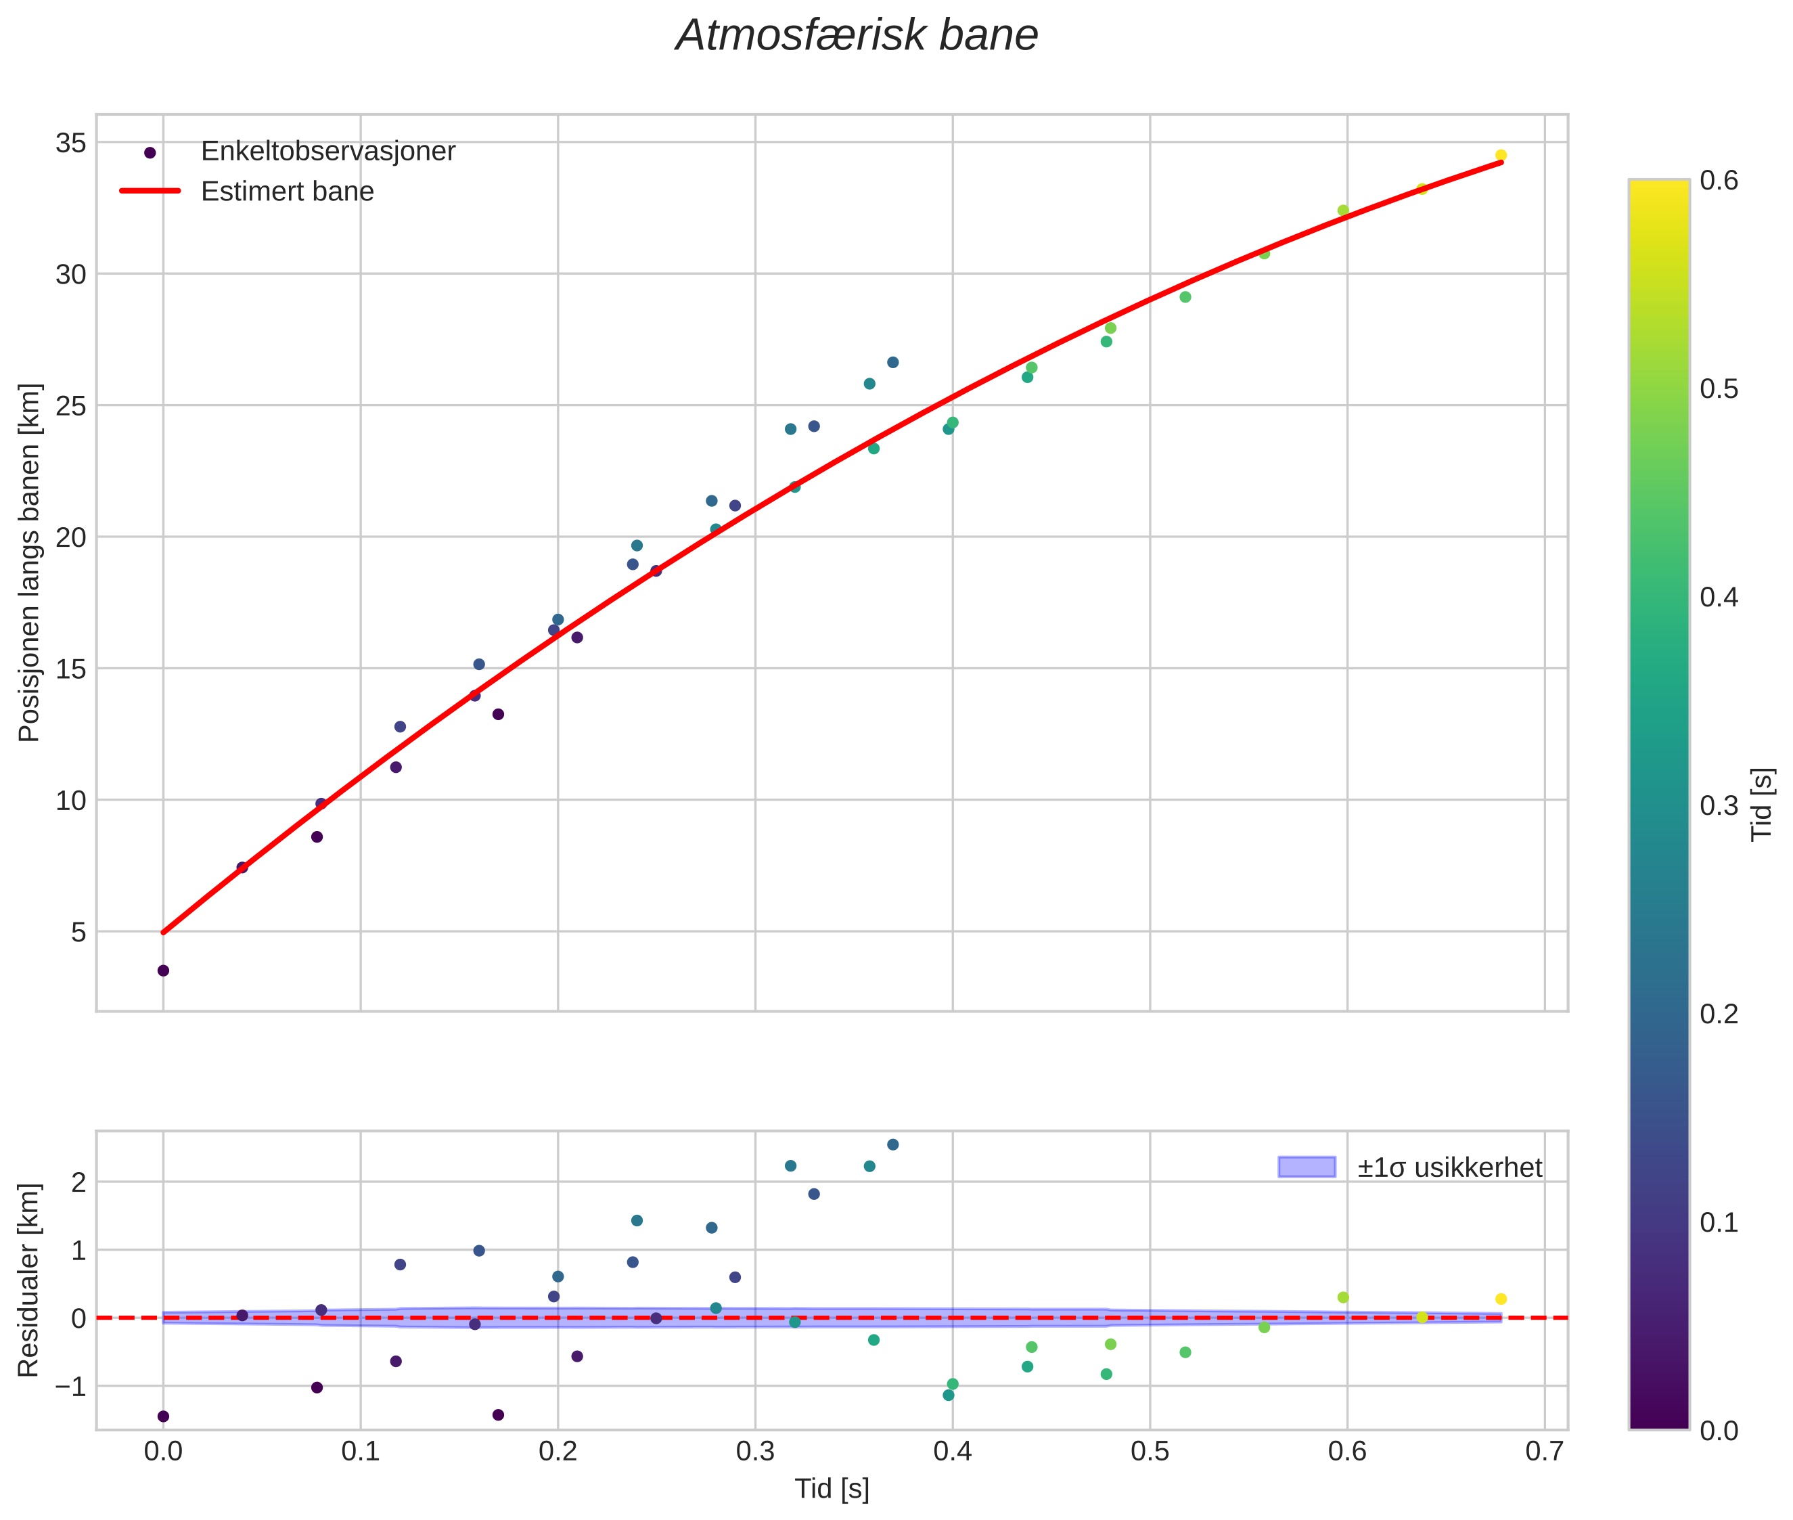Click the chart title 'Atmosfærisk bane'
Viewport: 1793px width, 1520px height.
tap(857, 36)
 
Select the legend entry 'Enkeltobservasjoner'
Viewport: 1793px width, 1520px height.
tap(327, 152)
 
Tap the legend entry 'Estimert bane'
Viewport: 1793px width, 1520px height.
tap(287, 192)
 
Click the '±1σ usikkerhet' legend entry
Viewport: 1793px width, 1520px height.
tap(1449, 1167)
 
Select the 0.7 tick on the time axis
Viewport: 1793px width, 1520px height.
tap(1544, 1452)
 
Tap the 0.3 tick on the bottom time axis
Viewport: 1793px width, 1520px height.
tap(755, 1452)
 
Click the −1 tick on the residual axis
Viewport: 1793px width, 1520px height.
tap(70, 1387)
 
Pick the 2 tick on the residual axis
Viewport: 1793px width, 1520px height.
tap(79, 1182)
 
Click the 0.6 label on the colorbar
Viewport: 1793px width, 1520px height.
tap(1719, 181)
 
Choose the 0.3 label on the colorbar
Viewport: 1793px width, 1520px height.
tap(1719, 805)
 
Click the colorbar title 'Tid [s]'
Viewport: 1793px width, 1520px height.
tap(1763, 804)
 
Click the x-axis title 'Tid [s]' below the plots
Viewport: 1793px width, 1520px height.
tap(832, 1489)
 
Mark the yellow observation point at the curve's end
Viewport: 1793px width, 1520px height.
tap(1501, 155)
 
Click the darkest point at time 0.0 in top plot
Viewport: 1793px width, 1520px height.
tap(163, 970)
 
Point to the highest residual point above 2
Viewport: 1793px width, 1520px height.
tap(892, 1144)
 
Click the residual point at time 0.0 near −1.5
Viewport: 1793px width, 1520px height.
tap(163, 1416)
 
